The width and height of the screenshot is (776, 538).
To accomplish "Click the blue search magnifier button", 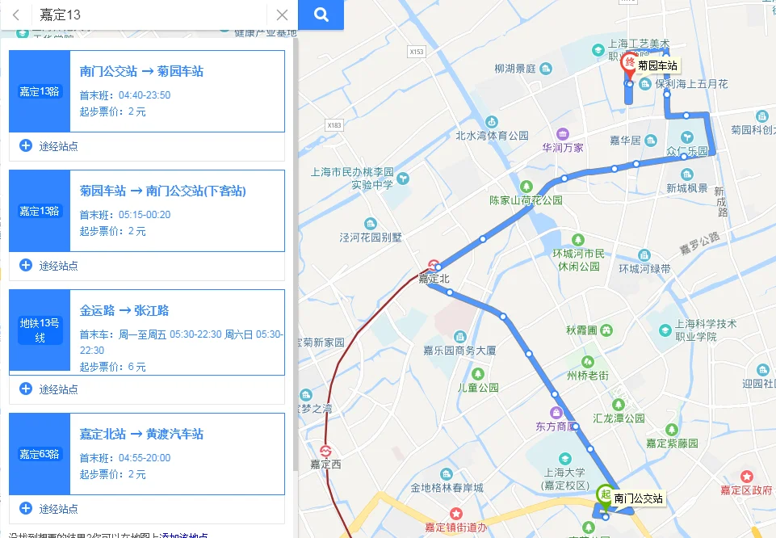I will pos(321,15).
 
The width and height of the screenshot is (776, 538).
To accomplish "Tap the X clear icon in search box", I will pos(282,15).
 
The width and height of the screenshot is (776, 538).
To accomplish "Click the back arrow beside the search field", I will pos(16,15).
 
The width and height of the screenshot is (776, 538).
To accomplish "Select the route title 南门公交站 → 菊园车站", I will pos(141,71).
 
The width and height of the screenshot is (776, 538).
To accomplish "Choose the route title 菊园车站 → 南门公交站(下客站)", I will pos(162,191).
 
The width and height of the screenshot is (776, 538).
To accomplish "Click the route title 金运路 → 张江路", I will pos(124,310).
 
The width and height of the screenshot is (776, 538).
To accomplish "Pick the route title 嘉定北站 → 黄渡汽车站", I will pos(141,434).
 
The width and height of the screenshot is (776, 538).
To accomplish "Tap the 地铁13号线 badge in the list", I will pos(40,330).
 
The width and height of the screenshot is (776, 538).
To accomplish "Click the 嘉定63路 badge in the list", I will pos(40,454).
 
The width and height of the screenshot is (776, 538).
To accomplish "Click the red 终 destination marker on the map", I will pos(629,68).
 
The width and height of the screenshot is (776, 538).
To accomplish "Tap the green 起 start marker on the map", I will pos(604,494).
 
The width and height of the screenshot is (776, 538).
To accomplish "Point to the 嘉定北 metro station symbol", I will pos(434,265).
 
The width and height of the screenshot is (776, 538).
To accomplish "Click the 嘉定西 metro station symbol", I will pos(326,451).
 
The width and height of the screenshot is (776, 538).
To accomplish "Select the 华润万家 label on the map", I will pos(563,147).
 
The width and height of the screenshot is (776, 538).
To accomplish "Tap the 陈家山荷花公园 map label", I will pos(526,200).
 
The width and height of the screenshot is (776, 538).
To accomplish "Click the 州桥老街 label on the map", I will pos(587,375).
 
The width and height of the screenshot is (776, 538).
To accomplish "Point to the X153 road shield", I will pos(416,52).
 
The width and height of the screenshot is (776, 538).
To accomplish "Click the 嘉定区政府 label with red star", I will pos(747,490).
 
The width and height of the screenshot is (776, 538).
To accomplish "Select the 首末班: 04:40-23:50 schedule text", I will pos(125,95).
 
